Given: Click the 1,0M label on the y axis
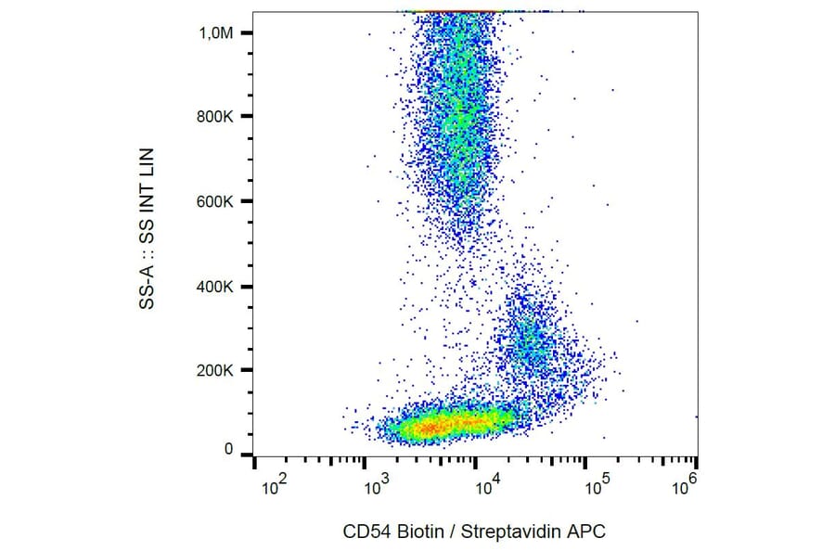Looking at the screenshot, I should click(x=215, y=32).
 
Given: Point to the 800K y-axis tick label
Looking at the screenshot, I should click(x=215, y=117).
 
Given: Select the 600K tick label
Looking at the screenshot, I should click(x=215, y=201).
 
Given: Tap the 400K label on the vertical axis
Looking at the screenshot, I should click(x=215, y=287).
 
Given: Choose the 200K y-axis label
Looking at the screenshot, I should click(x=215, y=371).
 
